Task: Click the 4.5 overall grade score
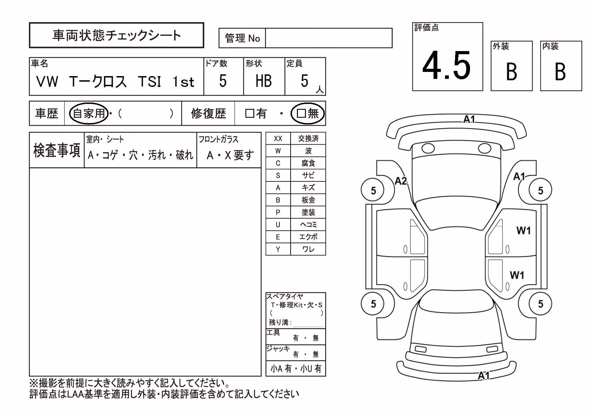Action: pyautogui.click(x=446, y=65)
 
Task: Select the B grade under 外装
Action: pyautogui.click(x=511, y=72)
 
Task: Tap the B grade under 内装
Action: pyautogui.click(x=560, y=72)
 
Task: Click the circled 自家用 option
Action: pyautogui.click(x=89, y=113)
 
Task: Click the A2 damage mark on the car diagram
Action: pyautogui.click(x=400, y=181)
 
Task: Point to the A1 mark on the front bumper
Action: pyautogui.click(x=469, y=119)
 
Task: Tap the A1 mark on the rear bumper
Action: pyautogui.click(x=484, y=375)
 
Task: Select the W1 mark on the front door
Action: pyautogui.click(x=524, y=230)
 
